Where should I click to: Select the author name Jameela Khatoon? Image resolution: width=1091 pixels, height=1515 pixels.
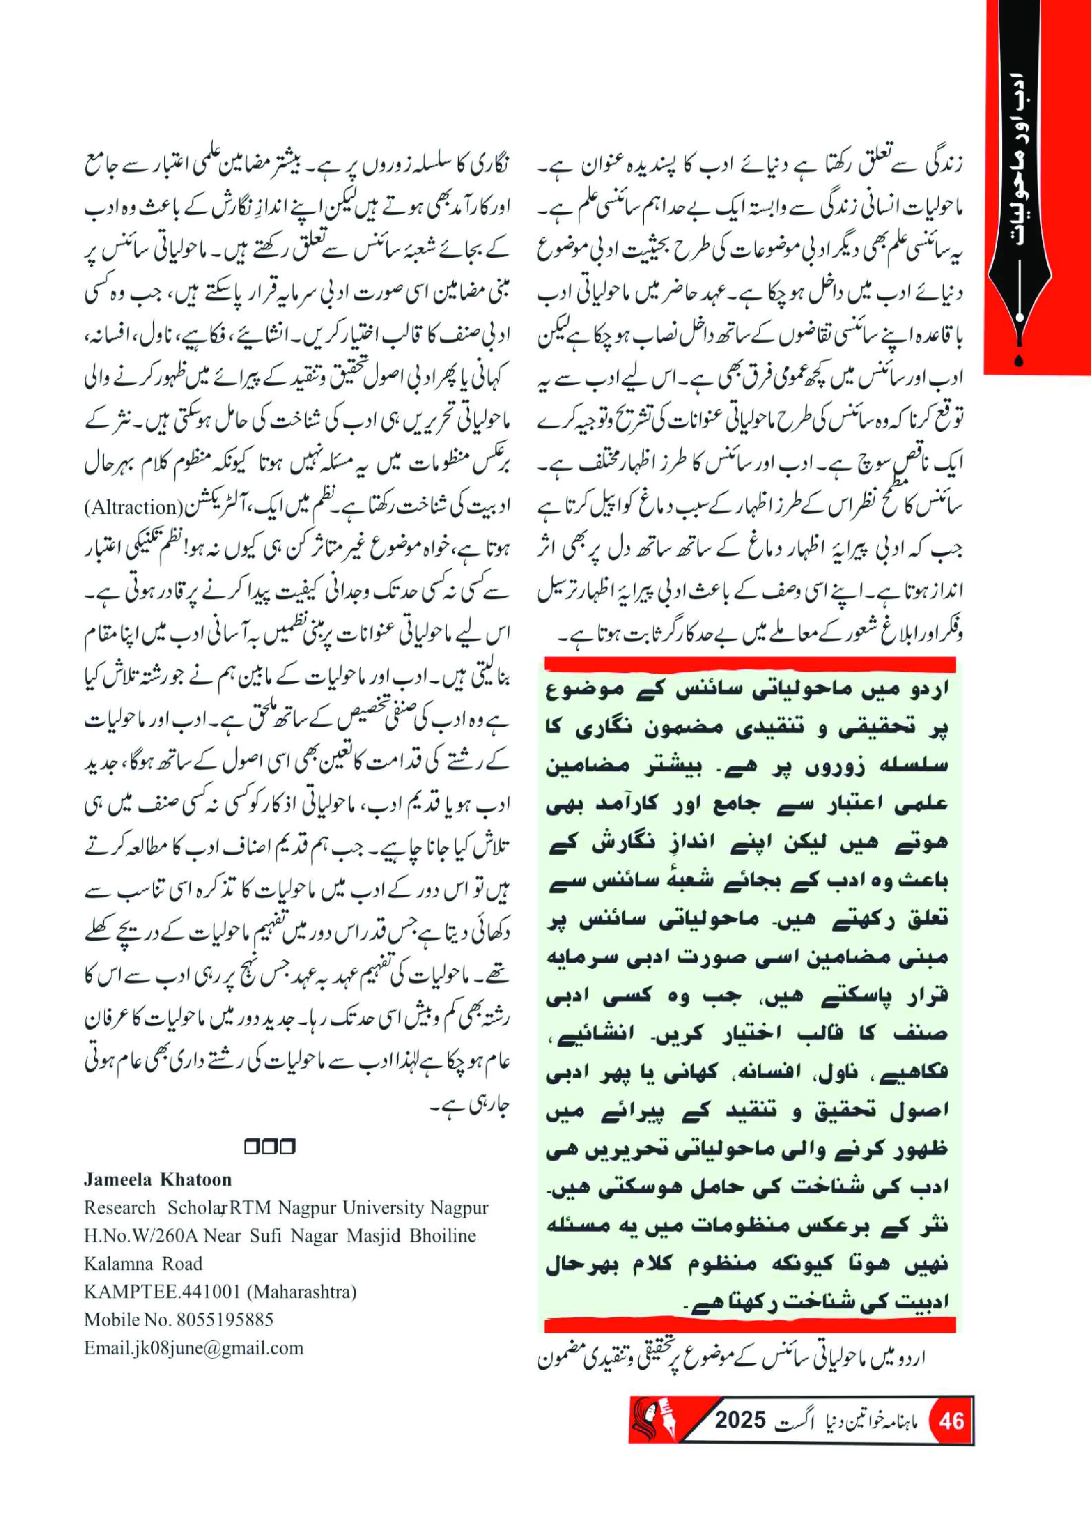pyautogui.click(x=158, y=1179)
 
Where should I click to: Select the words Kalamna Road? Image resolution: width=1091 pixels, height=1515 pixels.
pyautogui.click(x=143, y=1263)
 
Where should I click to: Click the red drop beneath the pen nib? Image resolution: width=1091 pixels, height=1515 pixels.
pyautogui.click(x=1018, y=361)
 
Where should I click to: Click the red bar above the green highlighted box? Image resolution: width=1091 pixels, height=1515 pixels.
pyautogui.click(x=750, y=664)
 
